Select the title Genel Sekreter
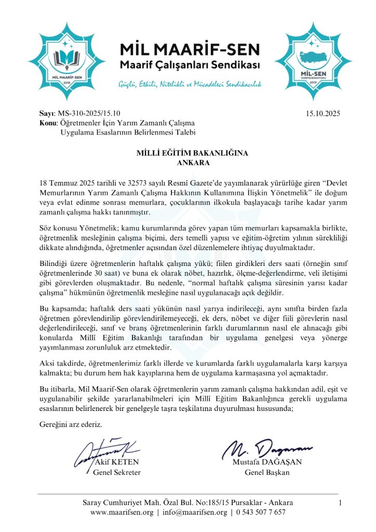click(117, 473)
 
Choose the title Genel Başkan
click(267, 473)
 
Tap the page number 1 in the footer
click(340, 502)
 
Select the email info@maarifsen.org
click(195, 512)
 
